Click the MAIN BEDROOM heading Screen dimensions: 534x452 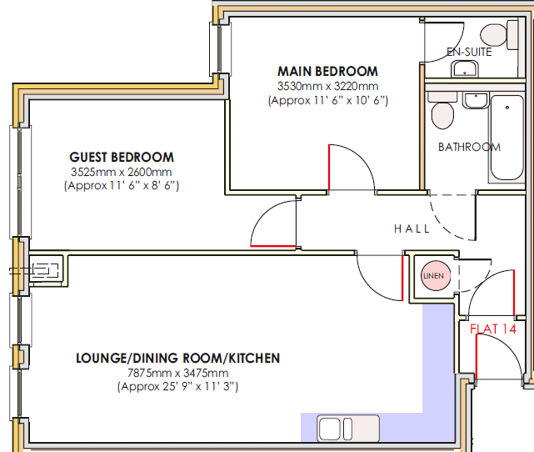tap(327, 71)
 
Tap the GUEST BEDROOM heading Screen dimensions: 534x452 tap(122, 157)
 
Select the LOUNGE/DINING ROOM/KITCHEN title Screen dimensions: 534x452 tap(177, 359)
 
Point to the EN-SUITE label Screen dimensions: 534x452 tap(469, 52)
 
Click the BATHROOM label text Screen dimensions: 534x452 tap(469, 147)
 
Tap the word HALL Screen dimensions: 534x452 tap(412, 229)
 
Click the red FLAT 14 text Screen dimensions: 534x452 tap(493, 329)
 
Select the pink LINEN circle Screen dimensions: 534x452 tap(436, 275)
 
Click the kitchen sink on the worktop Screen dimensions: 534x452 tap(348, 428)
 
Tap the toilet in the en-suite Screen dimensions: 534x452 tap(500, 34)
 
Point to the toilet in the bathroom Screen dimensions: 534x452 tap(442, 111)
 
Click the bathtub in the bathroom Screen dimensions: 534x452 tap(507, 138)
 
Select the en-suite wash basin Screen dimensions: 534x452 tap(465, 69)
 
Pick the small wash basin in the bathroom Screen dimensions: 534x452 tap(476, 100)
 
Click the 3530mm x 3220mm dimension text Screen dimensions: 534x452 tap(327, 86)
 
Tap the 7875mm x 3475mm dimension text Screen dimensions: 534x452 tap(177, 373)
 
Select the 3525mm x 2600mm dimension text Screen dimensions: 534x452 tap(122, 172)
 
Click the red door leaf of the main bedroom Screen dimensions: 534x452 tap(329, 168)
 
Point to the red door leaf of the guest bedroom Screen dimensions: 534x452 tap(273, 246)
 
